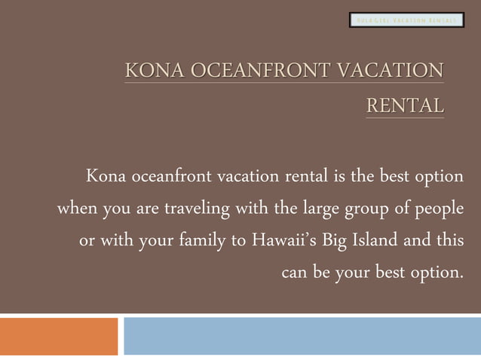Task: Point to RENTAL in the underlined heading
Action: tap(405, 106)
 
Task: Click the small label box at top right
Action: tap(406, 20)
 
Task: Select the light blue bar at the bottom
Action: tap(302, 336)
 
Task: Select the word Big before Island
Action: tap(335, 242)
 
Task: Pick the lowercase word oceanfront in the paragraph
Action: tap(170, 177)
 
